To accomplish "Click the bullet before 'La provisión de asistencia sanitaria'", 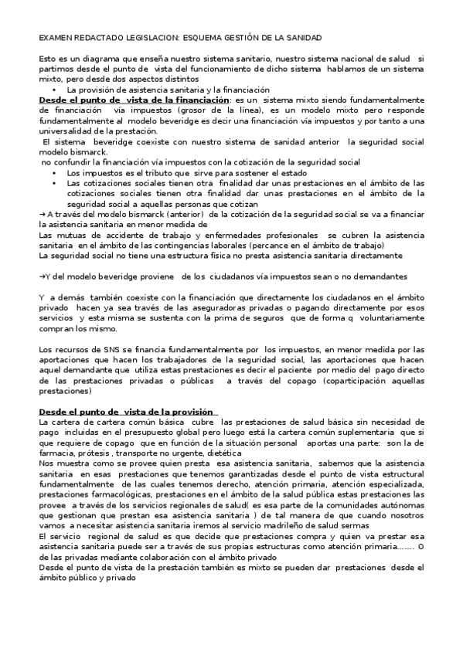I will coord(54,90).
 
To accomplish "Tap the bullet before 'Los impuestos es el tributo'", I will coord(54,173).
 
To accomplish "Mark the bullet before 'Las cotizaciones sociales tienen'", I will coord(54,183).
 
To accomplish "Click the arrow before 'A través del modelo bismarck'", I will coord(42,214).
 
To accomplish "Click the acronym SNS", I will coord(96,349).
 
